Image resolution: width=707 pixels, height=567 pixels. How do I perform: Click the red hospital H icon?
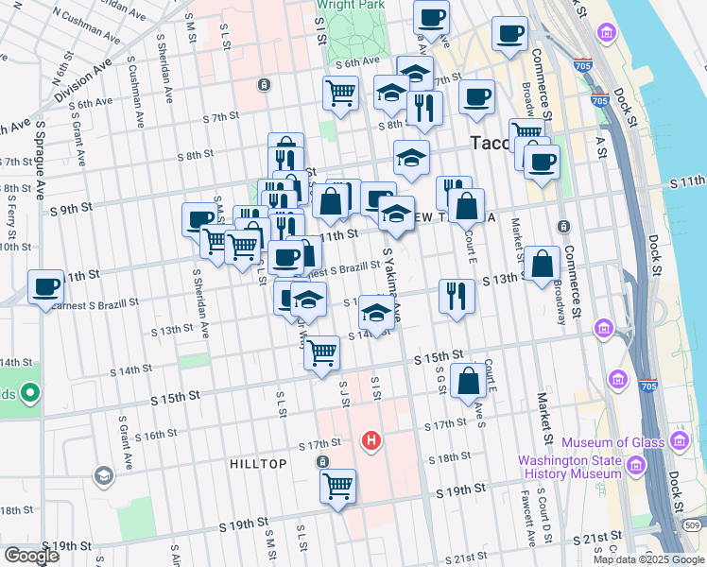[371, 440]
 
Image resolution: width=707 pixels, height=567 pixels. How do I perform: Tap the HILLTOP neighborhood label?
[257, 464]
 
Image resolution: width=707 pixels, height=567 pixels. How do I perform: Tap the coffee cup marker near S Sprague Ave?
[45, 286]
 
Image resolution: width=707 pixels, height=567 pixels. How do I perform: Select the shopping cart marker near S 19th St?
[337, 486]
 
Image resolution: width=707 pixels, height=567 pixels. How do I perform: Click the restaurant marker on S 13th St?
[457, 296]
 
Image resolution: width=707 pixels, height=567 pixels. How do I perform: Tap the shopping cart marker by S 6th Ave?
[341, 93]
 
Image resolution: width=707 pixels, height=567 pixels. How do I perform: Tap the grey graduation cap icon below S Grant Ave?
[103, 474]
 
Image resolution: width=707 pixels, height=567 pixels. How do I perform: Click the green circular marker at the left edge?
[29, 391]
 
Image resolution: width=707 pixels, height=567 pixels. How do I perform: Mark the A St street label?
[599, 146]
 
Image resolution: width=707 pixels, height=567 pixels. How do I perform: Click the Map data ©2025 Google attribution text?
[647, 559]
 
